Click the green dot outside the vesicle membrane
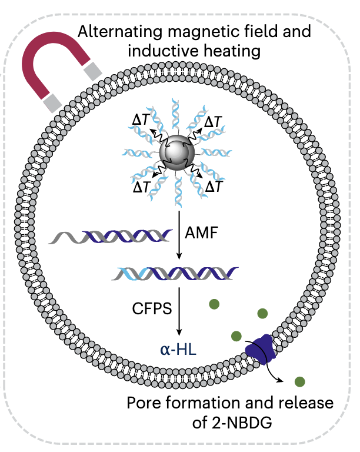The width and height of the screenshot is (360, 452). pyautogui.click(x=301, y=381)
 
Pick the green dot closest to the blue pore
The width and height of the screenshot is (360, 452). pyautogui.click(x=236, y=336)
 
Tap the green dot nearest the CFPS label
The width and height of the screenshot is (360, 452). pyautogui.click(x=214, y=304)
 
